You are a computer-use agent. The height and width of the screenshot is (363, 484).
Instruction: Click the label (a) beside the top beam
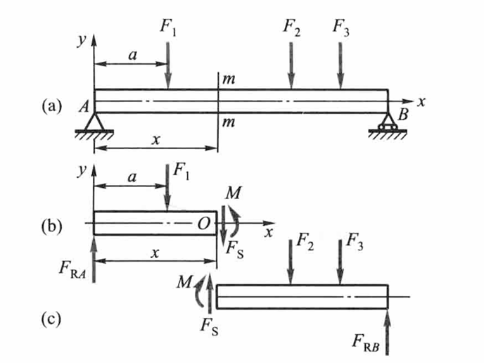(52, 106)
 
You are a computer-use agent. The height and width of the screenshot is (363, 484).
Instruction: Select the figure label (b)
(52, 226)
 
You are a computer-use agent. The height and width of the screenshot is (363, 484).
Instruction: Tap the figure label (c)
(51, 319)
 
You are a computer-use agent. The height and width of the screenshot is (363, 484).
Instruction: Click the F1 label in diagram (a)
(168, 27)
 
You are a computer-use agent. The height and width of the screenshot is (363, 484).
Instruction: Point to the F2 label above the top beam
(292, 27)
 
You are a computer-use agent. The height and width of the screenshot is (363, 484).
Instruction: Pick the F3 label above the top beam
(341, 27)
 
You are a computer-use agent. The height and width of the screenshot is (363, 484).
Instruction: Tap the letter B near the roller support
(403, 115)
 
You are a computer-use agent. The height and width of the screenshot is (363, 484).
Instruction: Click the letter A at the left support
(84, 107)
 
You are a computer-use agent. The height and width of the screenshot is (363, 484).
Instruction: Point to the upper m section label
(229, 80)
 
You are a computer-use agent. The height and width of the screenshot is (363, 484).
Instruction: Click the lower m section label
(229, 123)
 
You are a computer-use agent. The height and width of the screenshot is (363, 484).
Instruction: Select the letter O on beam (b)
(204, 224)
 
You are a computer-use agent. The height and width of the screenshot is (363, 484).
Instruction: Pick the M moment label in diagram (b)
(234, 193)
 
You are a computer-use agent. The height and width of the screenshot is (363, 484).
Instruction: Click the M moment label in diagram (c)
(184, 282)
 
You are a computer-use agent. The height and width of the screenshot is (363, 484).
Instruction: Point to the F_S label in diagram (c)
(210, 326)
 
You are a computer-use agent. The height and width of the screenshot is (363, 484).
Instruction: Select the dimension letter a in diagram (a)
(132, 56)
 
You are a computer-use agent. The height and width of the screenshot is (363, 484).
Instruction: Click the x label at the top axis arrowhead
(421, 101)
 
